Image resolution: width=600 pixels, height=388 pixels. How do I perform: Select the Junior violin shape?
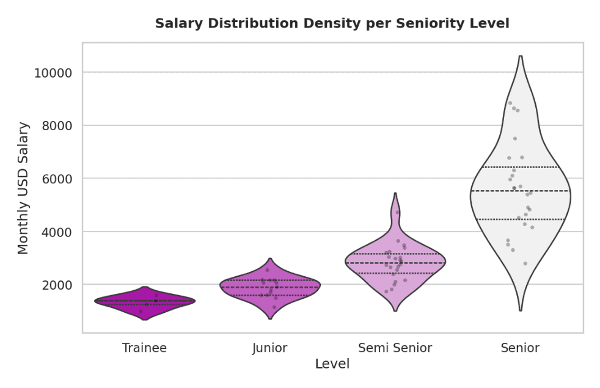[269, 293]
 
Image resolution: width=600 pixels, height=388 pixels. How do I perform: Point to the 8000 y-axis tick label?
[54, 126]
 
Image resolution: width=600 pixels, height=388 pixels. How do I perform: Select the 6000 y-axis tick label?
[54, 179]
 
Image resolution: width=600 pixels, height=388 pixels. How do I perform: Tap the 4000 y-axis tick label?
[54, 232]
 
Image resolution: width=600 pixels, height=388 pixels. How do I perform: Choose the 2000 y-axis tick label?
[54, 285]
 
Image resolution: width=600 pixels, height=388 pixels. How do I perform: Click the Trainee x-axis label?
[144, 348]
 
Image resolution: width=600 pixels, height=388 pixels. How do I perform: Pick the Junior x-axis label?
[269, 348]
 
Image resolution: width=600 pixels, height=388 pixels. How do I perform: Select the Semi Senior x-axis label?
[395, 348]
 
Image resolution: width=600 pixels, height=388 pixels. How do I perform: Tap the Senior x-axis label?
[520, 348]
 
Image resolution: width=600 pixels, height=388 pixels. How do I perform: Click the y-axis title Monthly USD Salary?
[23, 188]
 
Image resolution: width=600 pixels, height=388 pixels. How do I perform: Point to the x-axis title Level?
[332, 364]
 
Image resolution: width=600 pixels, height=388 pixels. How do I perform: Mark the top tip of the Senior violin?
[520, 56]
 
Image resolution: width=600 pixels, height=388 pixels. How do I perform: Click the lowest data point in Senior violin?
[525, 263]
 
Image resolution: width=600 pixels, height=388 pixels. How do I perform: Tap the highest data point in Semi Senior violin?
[397, 213]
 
